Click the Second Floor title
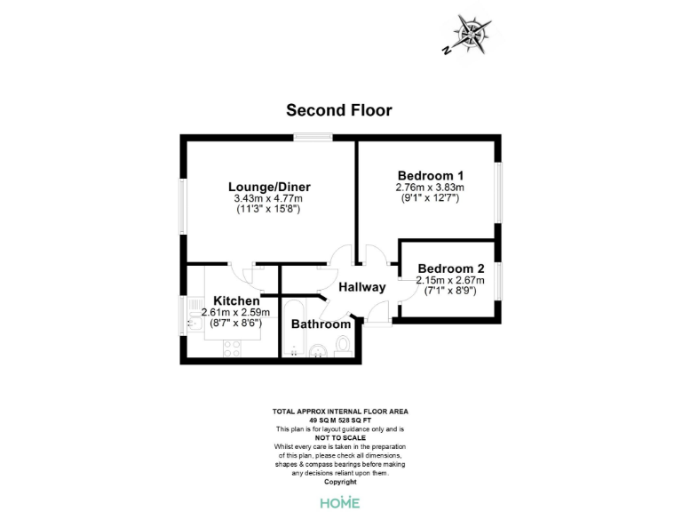[x=339, y=110]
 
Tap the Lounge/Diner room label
[x=269, y=187]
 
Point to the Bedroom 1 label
[x=430, y=175]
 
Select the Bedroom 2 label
[x=450, y=268]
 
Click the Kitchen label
[x=230, y=301]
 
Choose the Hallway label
[x=362, y=287]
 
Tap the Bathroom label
[x=321, y=324]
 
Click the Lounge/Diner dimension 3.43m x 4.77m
[x=269, y=198]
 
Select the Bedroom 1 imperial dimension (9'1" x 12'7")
[x=430, y=198]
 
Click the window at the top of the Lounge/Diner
[x=313, y=136]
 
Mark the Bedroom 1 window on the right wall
[x=500, y=188]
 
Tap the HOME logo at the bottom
[x=340, y=502]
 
